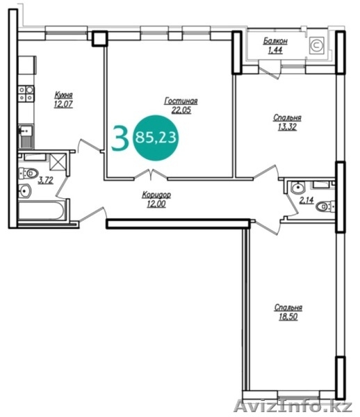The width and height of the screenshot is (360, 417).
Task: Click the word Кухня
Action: [63, 95]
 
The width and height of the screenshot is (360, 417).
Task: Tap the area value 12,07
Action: [63, 104]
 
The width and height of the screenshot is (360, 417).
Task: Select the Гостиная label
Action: [181, 101]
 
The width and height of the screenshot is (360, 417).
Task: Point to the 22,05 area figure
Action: [181, 110]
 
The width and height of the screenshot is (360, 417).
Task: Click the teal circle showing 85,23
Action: [156, 138]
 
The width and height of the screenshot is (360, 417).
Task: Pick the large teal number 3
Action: [120, 138]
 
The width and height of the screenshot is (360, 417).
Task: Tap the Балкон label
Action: [275, 41]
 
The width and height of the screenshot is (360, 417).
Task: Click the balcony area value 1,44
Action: [275, 50]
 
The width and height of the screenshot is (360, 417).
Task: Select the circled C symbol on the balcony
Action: [317, 45]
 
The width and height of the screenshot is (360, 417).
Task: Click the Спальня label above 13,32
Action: [287, 118]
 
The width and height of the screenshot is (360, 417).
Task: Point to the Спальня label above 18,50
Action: [288, 308]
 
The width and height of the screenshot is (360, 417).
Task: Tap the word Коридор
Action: [156, 195]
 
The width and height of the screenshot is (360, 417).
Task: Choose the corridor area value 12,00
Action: [156, 204]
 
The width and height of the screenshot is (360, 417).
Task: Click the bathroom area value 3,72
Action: [46, 180]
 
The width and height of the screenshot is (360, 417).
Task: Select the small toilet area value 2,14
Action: [306, 200]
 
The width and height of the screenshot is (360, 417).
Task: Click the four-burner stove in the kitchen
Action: [26, 94]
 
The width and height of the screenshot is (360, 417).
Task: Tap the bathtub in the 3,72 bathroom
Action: [41, 211]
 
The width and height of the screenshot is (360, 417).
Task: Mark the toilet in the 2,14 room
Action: [325, 206]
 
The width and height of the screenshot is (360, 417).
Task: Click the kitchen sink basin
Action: [26, 131]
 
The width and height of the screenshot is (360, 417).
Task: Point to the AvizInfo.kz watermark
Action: [293, 407]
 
